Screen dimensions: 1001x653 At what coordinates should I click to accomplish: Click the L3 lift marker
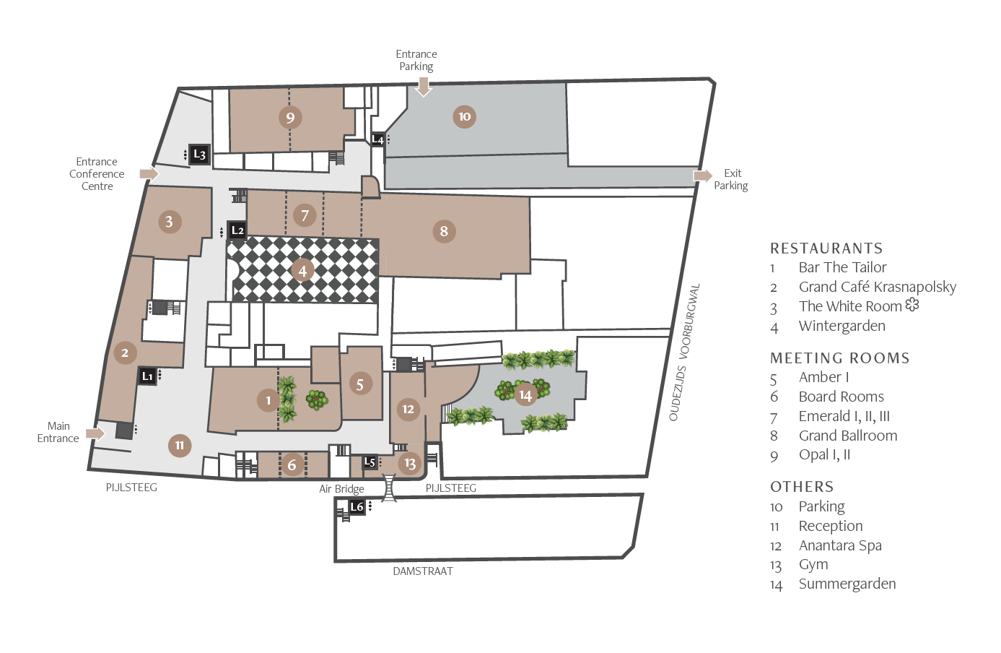[x=199, y=155]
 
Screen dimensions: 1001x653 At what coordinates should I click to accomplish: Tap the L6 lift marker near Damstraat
[x=357, y=507]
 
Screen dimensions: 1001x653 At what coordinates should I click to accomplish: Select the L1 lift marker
[x=147, y=376]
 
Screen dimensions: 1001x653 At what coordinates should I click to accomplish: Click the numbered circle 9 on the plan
[x=290, y=118]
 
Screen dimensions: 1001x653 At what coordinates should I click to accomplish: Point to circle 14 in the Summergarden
[x=525, y=395]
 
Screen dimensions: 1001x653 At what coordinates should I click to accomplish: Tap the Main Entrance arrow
[x=96, y=433]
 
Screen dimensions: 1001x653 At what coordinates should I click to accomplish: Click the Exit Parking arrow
[x=703, y=176]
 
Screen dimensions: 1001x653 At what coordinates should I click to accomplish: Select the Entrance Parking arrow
[x=423, y=87]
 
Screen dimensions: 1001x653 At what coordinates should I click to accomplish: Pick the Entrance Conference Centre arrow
[x=149, y=173]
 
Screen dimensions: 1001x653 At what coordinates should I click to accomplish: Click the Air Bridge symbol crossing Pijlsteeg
[x=389, y=488]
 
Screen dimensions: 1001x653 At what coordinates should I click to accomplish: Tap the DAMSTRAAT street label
[x=423, y=571]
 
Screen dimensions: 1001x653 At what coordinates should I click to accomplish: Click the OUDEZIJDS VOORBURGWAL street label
[x=684, y=353]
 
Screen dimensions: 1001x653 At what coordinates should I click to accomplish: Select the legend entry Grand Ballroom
[x=848, y=436]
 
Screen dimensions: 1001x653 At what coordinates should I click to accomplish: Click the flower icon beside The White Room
[x=912, y=305]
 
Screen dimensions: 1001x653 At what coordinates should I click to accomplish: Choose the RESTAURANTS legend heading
[x=826, y=248]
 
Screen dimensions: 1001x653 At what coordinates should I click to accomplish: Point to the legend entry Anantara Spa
[x=840, y=545]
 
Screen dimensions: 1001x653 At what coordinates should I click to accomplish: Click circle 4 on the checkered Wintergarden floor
[x=302, y=271]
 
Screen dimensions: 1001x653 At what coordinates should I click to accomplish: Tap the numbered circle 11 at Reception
[x=180, y=446]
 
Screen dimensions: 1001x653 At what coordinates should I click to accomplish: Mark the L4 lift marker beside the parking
[x=378, y=139]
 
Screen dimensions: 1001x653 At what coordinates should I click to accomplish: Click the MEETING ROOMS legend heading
[x=839, y=358]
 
